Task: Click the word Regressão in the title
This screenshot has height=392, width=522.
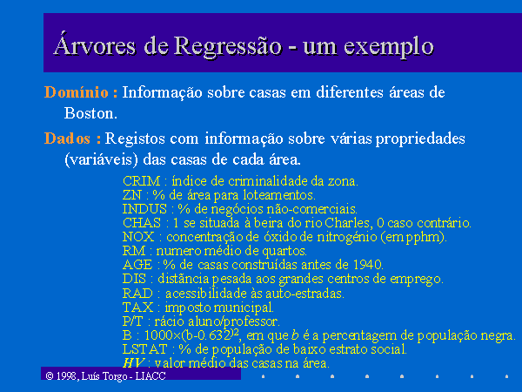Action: [228, 47]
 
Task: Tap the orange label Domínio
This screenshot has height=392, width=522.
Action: [77, 92]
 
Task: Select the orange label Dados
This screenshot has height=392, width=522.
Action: [67, 139]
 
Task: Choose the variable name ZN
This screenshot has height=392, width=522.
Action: [132, 194]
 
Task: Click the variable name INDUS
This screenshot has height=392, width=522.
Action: [144, 209]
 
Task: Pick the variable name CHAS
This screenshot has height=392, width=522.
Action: [142, 223]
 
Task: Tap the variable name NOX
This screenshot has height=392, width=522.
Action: [138, 237]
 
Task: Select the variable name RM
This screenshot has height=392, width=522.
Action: [134, 251]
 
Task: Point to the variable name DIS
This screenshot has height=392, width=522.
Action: [135, 279]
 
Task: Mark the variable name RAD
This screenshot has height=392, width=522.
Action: [137, 294]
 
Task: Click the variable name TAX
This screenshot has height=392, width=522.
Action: [138, 307]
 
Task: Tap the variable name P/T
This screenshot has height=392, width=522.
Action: [133, 321]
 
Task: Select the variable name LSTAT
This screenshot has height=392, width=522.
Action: [144, 349]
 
